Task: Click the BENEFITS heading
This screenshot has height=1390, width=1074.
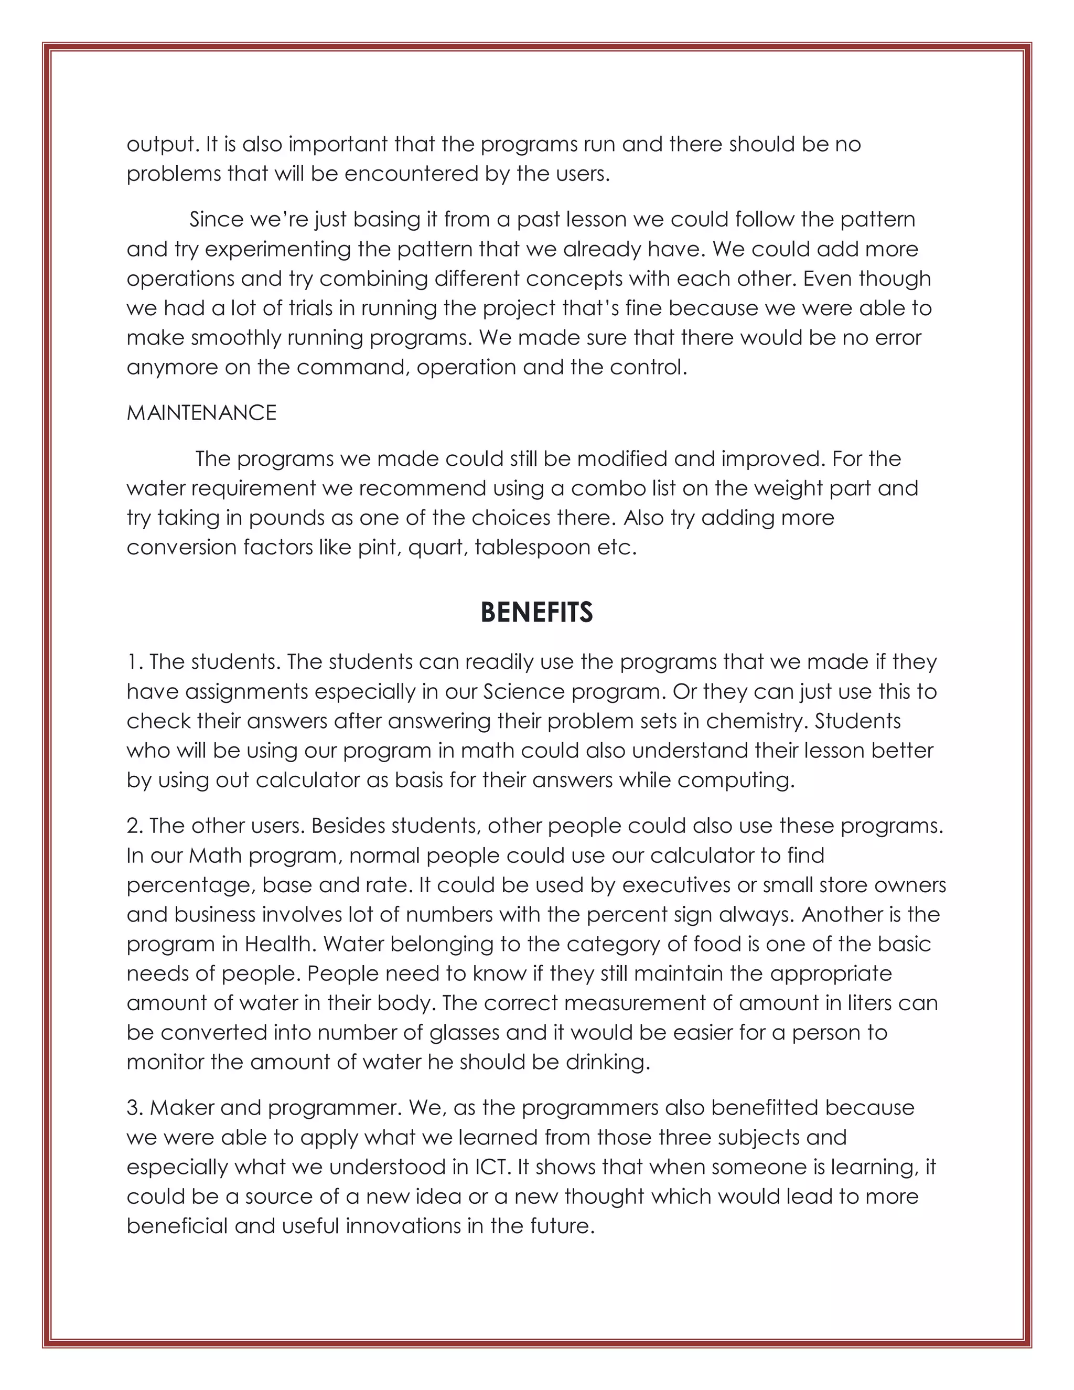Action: (x=536, y=612)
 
